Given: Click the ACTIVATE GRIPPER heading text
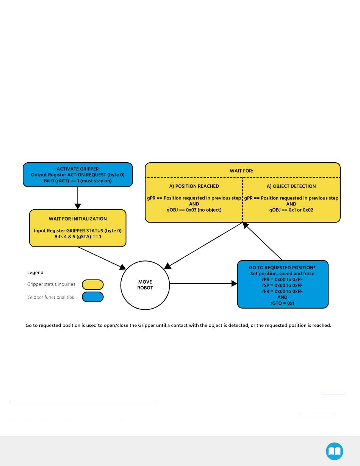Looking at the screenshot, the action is (x=78, y=169).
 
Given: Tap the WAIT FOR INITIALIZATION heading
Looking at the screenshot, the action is (x=78, y=219).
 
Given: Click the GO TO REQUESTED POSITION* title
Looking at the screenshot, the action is (x=282, y=267).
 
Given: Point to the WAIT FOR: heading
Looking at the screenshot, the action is (x=241, y=171).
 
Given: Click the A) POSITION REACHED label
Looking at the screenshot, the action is (x=194, y=186).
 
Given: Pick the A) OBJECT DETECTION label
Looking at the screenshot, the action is (x=291, y=186).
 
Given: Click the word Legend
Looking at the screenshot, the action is (x=35, y=272).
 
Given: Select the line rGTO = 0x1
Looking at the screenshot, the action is (x=282, y=303).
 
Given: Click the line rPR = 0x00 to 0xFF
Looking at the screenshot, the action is (x=282, y=279).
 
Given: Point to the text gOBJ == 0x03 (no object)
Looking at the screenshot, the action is (x=194, y=210).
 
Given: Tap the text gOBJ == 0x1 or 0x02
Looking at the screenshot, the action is (x=291, y=210).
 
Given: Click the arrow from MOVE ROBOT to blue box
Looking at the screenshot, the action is (x=203, y=284).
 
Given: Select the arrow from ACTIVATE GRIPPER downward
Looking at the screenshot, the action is (x=78, y=198).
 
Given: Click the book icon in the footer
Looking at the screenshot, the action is (x=334, y=451).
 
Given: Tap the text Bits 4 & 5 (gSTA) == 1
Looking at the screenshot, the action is (x=78, y=237).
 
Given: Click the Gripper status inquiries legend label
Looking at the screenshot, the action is (x=51, y=284).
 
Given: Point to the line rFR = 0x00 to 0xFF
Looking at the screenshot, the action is (x=282, y=291).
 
